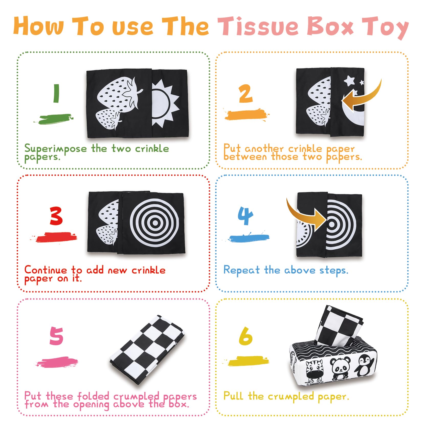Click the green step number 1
pos(56,93)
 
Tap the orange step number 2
pos(246,94)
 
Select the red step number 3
pos(56,216)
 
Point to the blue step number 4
pos(245,216)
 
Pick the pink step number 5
pos(56,336)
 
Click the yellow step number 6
pos(246,336)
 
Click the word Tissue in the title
pos(258,26)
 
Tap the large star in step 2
pos(349,81)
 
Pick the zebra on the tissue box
pos(314,372)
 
